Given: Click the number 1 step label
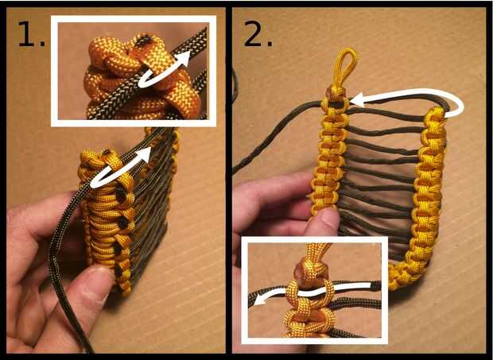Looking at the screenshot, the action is click(32, 34).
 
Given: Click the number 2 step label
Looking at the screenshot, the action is click(258, 34).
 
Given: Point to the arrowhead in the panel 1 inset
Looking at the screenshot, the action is click(184, 58).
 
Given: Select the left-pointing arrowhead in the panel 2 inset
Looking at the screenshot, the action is click(260, 300).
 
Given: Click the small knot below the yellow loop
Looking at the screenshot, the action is click(336, 93).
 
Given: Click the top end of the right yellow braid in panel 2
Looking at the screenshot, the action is click(436, 114).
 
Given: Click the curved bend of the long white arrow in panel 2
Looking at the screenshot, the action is click(459, 106).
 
